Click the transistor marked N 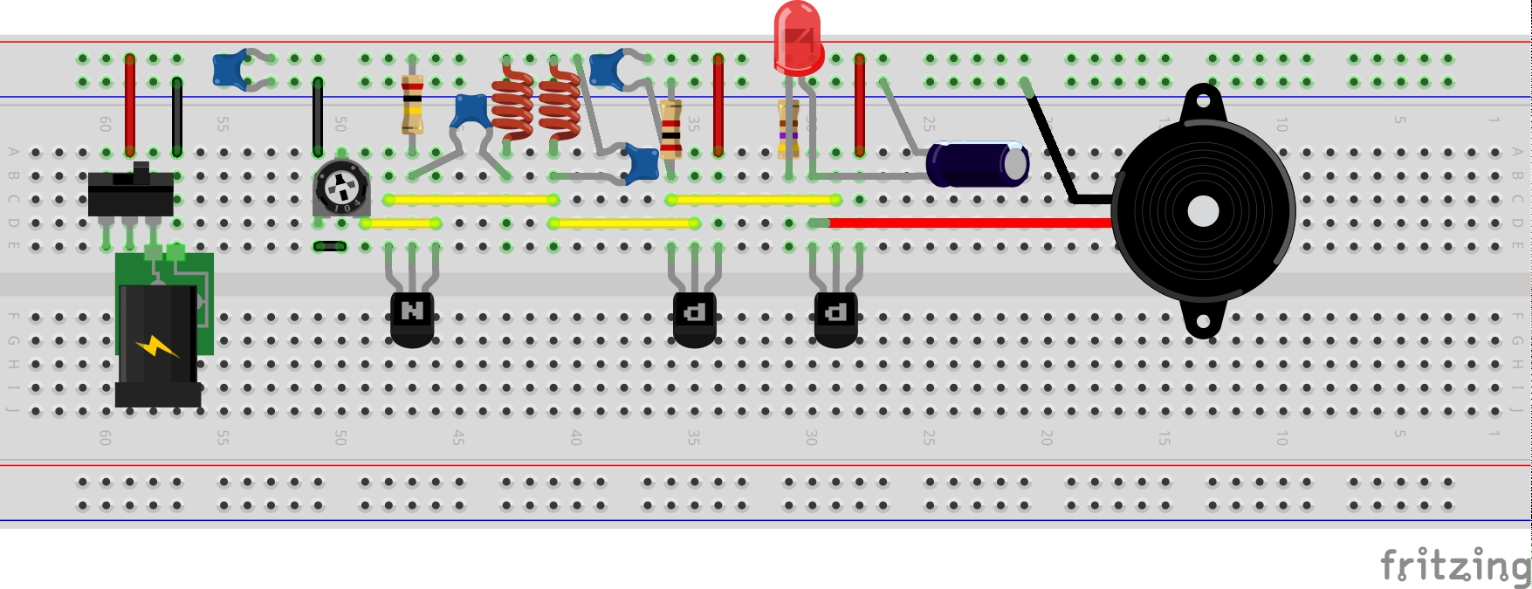pos(412,314)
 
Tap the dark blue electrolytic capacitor pos(976,164)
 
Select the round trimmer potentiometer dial pos(341,187)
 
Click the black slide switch pos(131,192)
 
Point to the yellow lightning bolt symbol pos(157,347)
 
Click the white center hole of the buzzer pos(1203,211)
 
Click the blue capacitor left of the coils pos(471,112)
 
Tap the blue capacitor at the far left pos(230,70)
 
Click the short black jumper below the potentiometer pos(329,246)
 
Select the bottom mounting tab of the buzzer pos(1203,322)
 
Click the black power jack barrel pos(157,349)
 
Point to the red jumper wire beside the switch pos(130,105)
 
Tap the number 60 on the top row pos(105,124)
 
